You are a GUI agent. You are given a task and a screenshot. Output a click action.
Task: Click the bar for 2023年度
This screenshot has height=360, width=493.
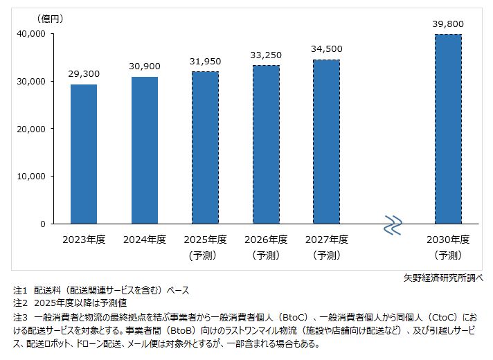click(x=84, y=154)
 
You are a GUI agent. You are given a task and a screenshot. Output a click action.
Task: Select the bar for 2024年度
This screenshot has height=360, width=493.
click(x=145, y=150)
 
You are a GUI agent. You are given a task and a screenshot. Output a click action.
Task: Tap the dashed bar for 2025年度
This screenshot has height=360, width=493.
click(x=205, y=147)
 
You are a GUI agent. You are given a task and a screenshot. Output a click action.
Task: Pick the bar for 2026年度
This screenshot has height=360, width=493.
click(x=266, y=144)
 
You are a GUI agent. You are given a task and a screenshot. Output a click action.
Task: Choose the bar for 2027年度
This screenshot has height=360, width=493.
click(x=326, y=141)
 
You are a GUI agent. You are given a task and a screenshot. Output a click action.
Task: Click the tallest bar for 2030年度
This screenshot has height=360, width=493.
click(x=448, y=129)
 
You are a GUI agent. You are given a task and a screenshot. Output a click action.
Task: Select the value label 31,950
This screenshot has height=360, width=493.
click(x=205, y=61)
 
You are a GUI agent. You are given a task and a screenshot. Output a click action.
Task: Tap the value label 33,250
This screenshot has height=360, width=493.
click(x=266, y=55)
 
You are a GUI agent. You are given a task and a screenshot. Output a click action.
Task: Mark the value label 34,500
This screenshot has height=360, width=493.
click(x=326, y=48)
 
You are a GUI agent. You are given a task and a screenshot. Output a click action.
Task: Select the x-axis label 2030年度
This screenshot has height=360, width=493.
click(x=448, y=240)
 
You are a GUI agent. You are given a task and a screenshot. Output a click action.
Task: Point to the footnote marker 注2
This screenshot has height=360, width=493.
click(x=20, y=303)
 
